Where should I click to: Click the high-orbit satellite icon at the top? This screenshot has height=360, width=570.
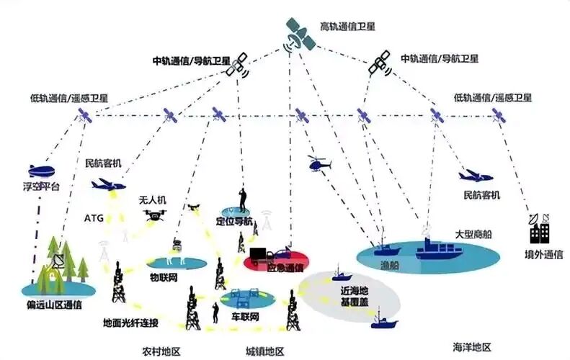click(x=300, y=35)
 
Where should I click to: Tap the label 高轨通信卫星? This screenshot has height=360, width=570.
click(x=347, y=27)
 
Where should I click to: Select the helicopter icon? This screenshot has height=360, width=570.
click(x=319, y=164)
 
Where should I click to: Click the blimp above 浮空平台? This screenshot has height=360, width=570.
click(x=42, y=171)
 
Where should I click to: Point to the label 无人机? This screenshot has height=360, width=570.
click(x=152, y=199)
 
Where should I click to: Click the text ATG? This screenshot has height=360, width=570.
click(x=94, y=218)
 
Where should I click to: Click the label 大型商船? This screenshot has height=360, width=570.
click(x=473, y=234)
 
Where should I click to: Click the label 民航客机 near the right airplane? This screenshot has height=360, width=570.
click(x=482, y=195)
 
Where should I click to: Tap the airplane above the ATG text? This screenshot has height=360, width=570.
click(x=108, y=184)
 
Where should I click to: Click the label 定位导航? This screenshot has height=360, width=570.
click(x=234, y=221)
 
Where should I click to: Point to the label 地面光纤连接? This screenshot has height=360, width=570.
click(x=131, y=323)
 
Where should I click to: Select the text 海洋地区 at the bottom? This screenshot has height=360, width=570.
click(x=472, y=347)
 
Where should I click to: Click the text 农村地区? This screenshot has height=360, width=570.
click(x=161, y=351)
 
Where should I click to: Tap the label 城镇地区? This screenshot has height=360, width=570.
click(x=264, y=351)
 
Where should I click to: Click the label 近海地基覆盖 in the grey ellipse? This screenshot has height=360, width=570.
click(x=355, y=297)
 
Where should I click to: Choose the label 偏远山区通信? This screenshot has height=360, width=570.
click(x=54, y=305)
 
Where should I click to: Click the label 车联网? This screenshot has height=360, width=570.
click(x=245, y=316)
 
